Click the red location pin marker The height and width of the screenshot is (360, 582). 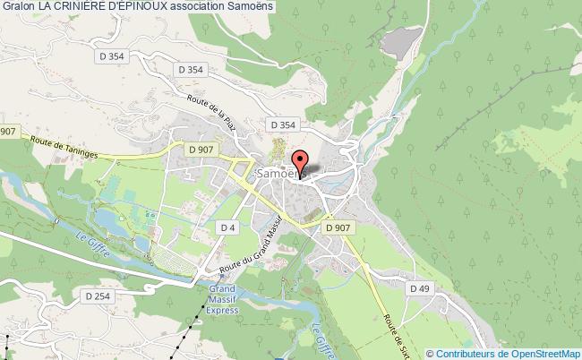(x=301, y=164)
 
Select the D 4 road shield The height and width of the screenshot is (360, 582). (x=228, y=228)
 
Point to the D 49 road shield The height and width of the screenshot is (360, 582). (x=420, y=287)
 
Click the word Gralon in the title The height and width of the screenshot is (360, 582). (x=18, y=8)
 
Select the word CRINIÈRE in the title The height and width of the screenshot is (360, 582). (x=90, y=8)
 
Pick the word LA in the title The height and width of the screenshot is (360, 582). (x=47, y=8)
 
